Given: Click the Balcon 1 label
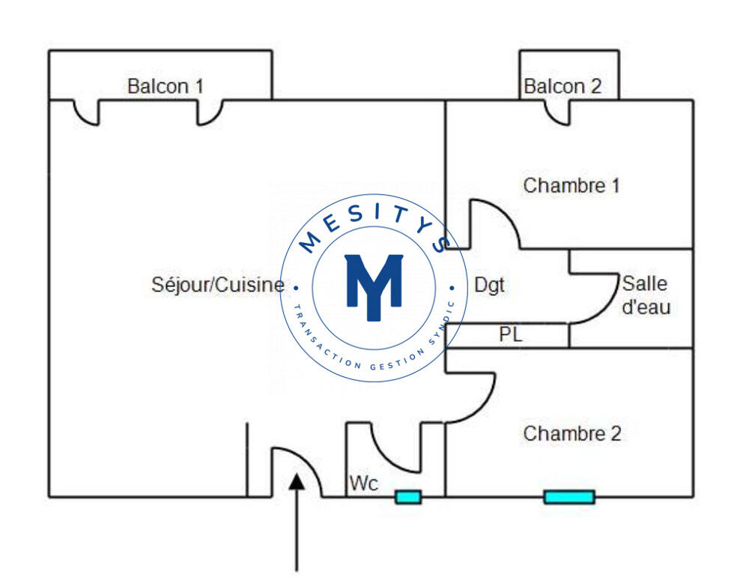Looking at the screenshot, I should (x=165, y=86).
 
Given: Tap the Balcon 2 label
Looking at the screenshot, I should (x=562, y=86).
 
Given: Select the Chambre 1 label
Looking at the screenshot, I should (x=571, y=185).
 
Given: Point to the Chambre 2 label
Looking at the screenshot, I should (x=571, y=433).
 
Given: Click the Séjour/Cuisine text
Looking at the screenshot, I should (x=218, y=285).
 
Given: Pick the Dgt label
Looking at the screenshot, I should (x=490, y=286).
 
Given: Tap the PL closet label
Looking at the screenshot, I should (x=511, y=336).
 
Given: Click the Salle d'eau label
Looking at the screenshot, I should (x=646, y=295).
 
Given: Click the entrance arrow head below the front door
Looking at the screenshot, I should (x=297, y=481).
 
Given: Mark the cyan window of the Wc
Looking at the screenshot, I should (x=408, y=496).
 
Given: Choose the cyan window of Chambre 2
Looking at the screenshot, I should (x=568, y=496).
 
